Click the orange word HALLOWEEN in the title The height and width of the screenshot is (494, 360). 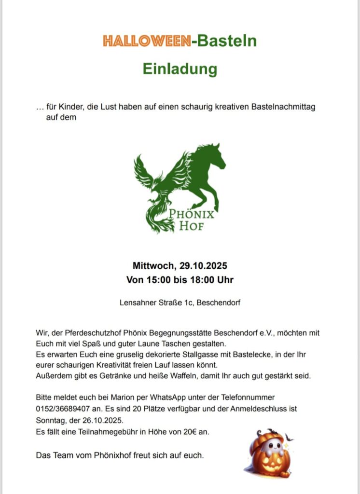146,41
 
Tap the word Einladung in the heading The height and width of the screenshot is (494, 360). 180,69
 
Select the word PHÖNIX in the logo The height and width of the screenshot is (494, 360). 192,214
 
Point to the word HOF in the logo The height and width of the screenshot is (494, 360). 192,226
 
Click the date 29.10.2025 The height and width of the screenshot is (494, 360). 203,266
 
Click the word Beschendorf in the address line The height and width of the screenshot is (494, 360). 219,303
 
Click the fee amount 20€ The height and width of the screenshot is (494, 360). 192,432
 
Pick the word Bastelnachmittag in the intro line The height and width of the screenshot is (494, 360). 283,107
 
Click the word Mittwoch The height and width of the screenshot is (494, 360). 154,266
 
